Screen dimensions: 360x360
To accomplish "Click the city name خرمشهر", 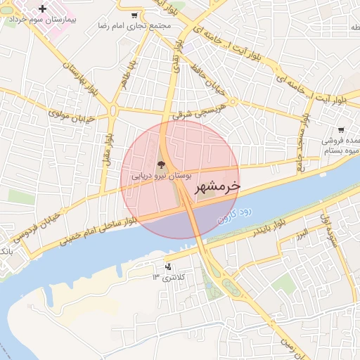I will tap(216, 187).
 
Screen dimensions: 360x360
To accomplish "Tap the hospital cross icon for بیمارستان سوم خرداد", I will tap(43, 9).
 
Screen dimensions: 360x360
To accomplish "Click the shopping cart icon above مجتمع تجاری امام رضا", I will tap(135, 15).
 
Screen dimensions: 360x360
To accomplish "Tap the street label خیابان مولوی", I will tap(70, 115).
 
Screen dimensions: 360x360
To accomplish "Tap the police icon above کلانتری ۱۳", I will tap(168, 266).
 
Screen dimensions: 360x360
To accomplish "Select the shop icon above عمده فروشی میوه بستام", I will tap(341, 130).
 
